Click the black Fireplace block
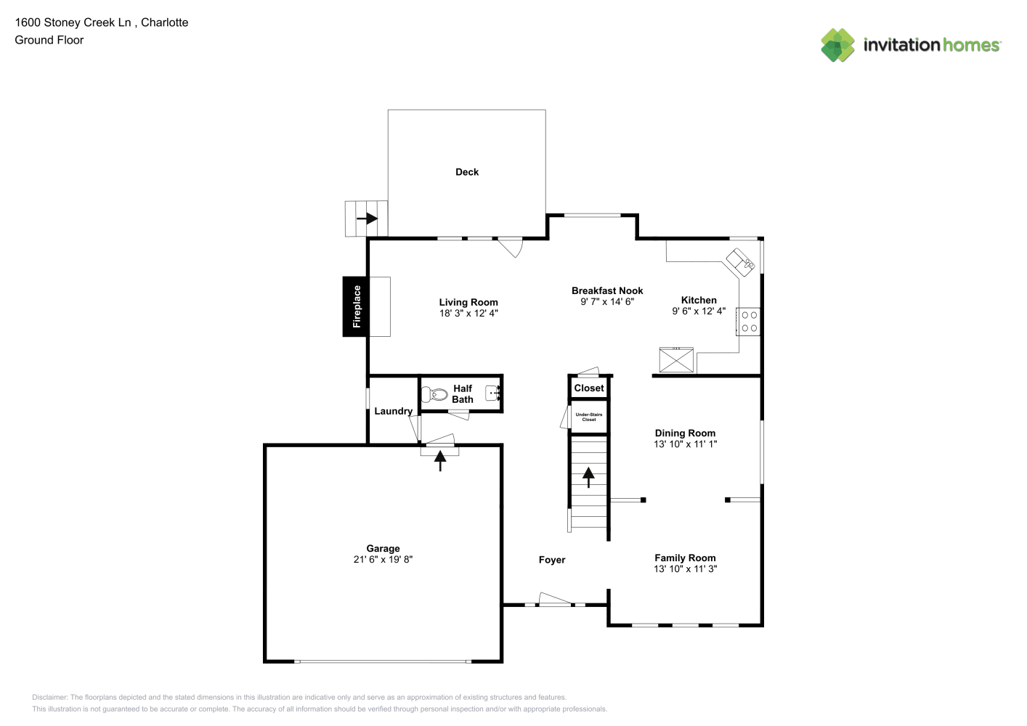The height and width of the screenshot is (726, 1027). click(x=355, y=306)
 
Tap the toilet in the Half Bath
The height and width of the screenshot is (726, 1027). click(x=434, y=394)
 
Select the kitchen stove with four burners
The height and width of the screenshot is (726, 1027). click(x=748, y=322)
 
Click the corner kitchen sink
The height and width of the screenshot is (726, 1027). click(x=740, y=263)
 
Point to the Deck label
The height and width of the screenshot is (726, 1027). click(x=467, y=172)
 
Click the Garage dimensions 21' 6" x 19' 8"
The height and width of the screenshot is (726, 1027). click(x=383, y=559)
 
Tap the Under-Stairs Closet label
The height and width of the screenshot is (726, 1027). click(x=589, y=417)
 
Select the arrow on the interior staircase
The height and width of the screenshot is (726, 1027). click(x=588, y=477)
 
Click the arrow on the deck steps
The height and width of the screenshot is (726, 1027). click(x=367, y=219)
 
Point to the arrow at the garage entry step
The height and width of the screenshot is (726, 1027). click(x=440, y=460)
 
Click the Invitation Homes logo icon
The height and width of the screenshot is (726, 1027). click(x=837, y=45)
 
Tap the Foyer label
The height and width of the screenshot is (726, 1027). click(x=551, y=560)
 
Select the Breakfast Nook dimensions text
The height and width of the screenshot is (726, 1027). click(x=607, y=301)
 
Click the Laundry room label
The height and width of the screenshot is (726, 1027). click(x=393, y=411)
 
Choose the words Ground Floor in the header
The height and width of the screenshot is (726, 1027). click(x=49, y=40)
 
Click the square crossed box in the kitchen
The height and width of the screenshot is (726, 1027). click(x=676, y=360)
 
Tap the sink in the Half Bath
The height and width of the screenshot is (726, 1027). click(x=492, y=393)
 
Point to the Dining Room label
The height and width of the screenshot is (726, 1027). click(x=685, y=433)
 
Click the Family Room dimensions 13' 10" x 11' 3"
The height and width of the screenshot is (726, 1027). click(x=685, y=568)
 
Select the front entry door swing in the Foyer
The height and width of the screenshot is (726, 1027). click(x=555, y=598)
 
